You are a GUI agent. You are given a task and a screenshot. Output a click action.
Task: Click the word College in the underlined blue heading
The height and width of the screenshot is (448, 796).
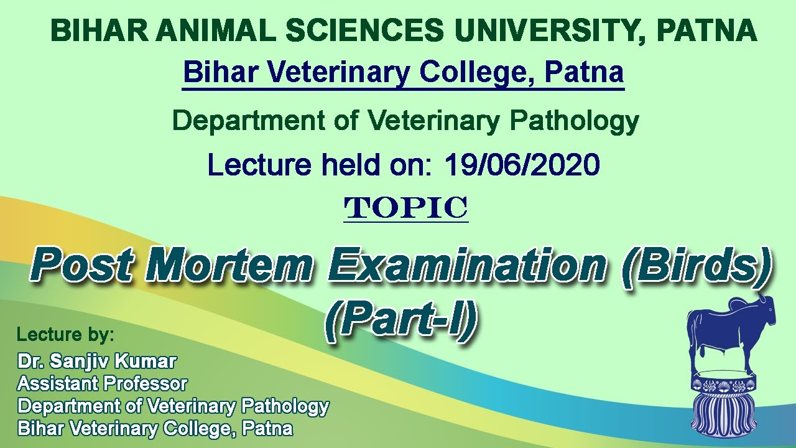click(475, 73)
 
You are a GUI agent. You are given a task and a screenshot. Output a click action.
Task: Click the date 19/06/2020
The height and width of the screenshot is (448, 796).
click(522, 165)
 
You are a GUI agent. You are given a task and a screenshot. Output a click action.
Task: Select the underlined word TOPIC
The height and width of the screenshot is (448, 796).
click(406, 208)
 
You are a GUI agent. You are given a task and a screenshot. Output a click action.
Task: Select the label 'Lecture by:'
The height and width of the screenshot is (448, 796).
click(65, 335)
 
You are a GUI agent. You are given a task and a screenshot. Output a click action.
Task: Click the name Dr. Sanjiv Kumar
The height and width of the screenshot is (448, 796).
click(97, 361)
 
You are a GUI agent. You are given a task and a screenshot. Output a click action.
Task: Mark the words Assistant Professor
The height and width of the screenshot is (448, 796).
click(102, 383)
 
